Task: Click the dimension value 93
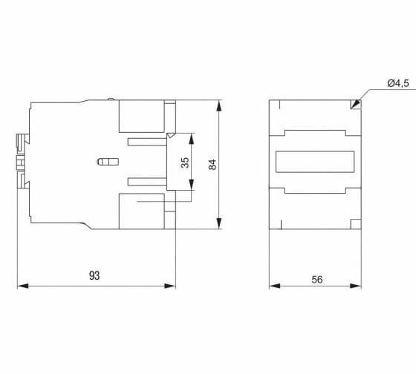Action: pos(94,275)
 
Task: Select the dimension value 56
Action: pos(317,280)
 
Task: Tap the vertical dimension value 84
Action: pos(212,165)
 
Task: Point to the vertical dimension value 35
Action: pos(185,163)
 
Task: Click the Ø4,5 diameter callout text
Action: pos(398,84)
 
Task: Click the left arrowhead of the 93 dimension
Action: pos(22,286)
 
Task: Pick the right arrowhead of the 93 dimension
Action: pos(170,286)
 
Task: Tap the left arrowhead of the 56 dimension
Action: pos(275,286)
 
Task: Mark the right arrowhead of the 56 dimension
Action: pos(356,286)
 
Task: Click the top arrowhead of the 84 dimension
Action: pos(219,105)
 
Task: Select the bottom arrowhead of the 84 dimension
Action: pos(219,223)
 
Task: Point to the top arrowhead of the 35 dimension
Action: pos(192,139)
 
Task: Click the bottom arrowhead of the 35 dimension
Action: pos(192,185)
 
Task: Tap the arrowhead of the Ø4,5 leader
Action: pos(355,104)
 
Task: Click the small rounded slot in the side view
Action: pos(108,162)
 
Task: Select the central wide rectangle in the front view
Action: pos(315,162)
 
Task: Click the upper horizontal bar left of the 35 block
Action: pos(147,142)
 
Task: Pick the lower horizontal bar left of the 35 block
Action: pos(147,182)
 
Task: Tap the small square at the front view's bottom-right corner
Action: pos(356,224)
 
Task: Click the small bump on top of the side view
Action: pos(111,99)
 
